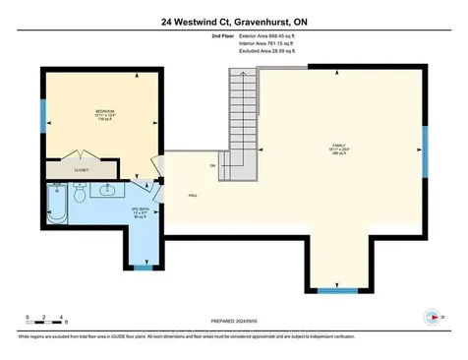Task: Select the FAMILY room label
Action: [339, 149]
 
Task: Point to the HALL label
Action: [194, 195]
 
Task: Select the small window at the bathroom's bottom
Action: [143, 266]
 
